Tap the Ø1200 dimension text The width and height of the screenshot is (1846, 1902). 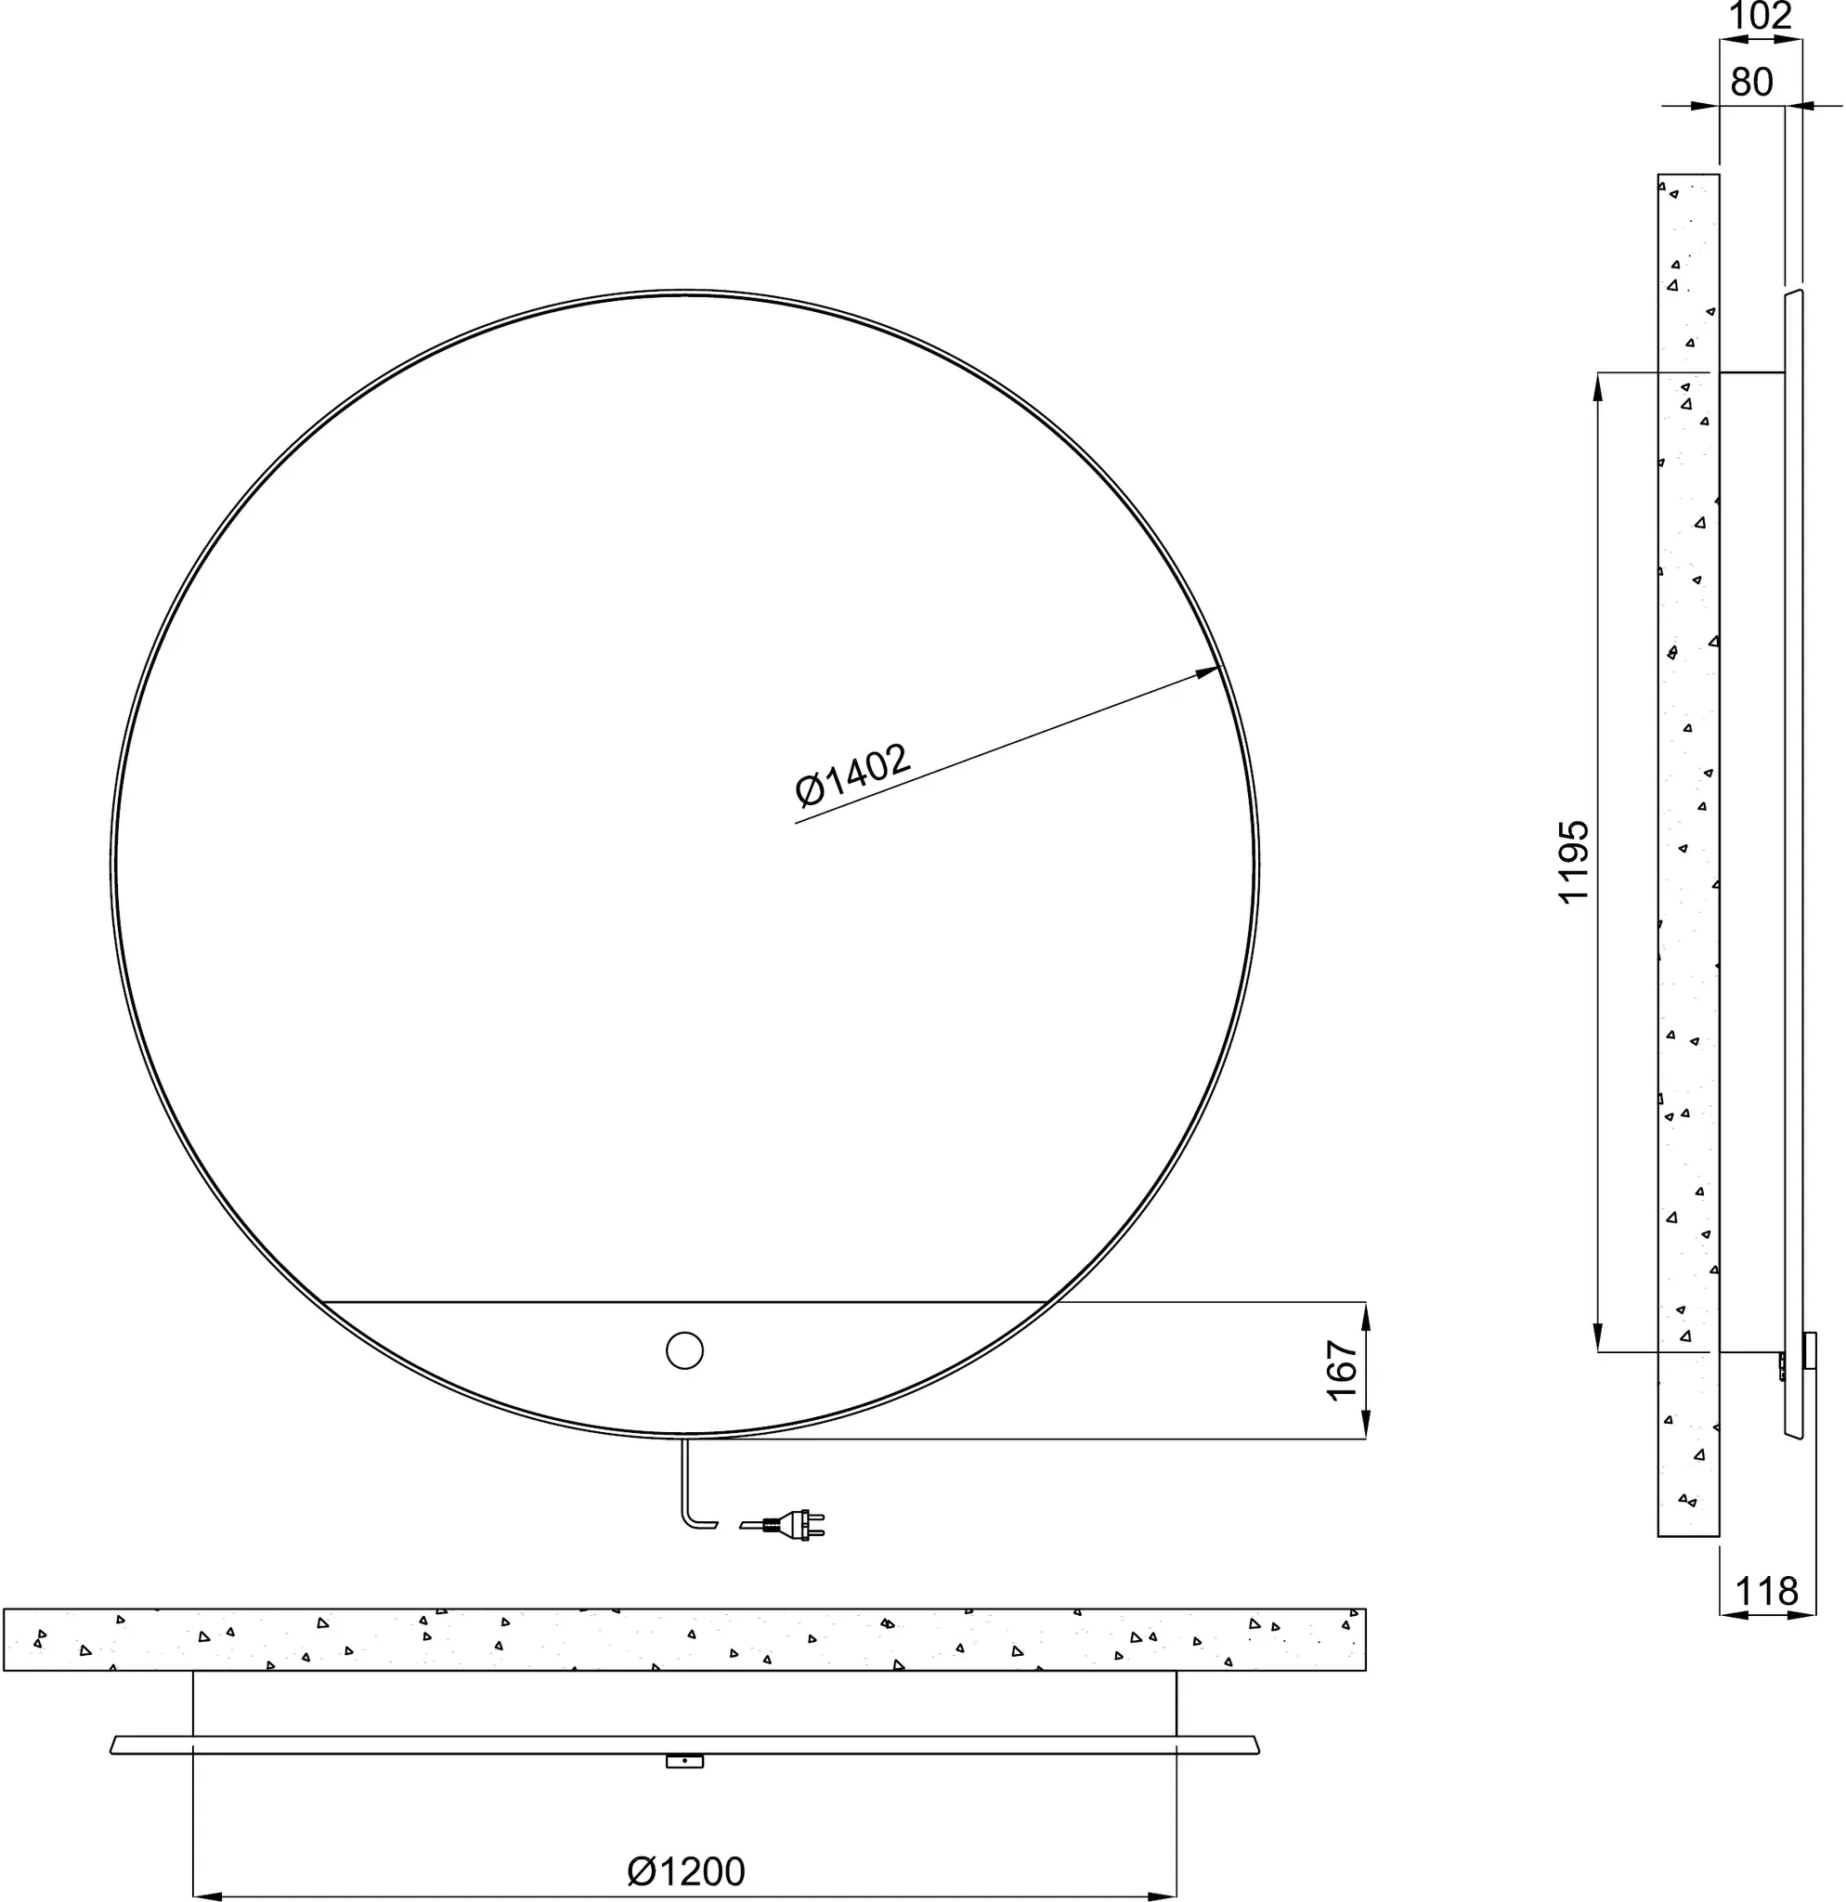[686, 1843]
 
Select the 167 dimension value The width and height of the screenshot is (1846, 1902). [1342, 1370]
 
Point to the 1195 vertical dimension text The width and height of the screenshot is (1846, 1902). [1573, 862]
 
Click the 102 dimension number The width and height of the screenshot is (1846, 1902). [1761, 16]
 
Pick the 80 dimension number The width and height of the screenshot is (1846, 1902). [1752, 83]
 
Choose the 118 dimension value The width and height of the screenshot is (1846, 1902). [1766, 1592]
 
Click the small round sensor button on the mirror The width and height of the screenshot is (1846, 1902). [685, 1349]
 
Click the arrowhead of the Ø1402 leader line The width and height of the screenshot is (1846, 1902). [1208, 671]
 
